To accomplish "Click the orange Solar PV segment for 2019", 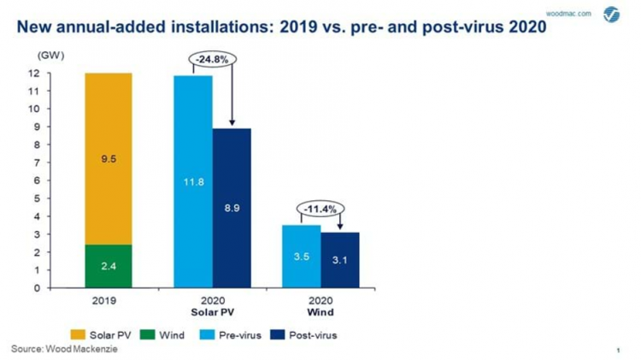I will coord(108,158).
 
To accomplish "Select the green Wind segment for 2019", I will coord(108,266).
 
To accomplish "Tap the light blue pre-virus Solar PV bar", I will coord(193,181).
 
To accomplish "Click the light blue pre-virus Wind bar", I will coord(302,257).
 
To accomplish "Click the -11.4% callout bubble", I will coord(321,208).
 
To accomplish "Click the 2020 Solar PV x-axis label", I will coord(213,306).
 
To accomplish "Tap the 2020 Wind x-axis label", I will coord(321,306).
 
